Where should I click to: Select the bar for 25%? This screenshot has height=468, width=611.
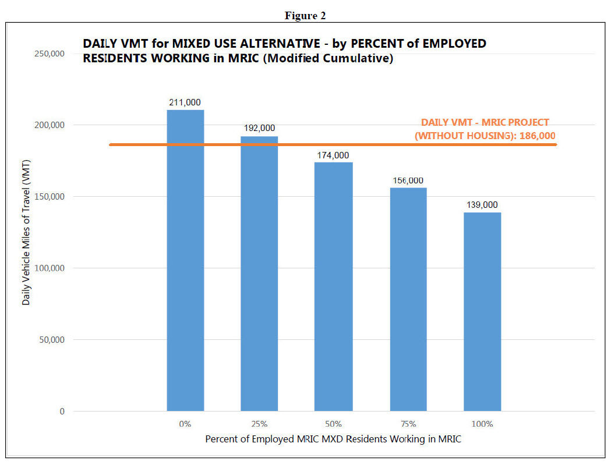(259, 274)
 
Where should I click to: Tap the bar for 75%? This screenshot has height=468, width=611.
(408, 299)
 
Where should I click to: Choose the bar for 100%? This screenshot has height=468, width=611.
(482, 311)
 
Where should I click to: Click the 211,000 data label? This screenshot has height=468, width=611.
(185, 102)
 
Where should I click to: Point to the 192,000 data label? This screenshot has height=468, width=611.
(260, 128)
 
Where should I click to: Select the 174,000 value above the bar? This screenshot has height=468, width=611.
(334, 155)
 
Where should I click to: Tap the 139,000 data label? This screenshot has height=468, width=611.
(482, 205)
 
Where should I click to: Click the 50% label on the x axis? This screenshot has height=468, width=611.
(334, 424)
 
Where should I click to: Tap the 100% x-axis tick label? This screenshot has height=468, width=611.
(482, 424)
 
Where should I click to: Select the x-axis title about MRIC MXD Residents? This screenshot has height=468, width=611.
(333, 439)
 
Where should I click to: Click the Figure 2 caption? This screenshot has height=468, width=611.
(305, 16)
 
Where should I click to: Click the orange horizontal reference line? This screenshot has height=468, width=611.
(349, 144)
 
